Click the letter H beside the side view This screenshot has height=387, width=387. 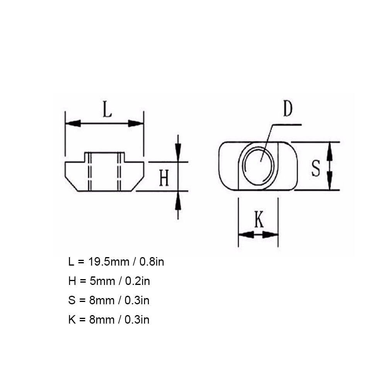coord(164,179)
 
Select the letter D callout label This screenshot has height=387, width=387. coord(287,109)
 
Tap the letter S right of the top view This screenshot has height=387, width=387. coord(316,169)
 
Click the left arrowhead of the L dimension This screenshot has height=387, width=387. coord(73,123)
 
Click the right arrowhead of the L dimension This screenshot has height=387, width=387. coord(136,123)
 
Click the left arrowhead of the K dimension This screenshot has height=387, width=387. coord(245,234)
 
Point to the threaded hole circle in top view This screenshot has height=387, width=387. coord(258,165)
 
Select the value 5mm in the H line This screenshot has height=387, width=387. coord(102,281)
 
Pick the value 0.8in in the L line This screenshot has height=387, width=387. coord(152,262)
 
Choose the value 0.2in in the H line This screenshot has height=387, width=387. coord(137,281)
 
